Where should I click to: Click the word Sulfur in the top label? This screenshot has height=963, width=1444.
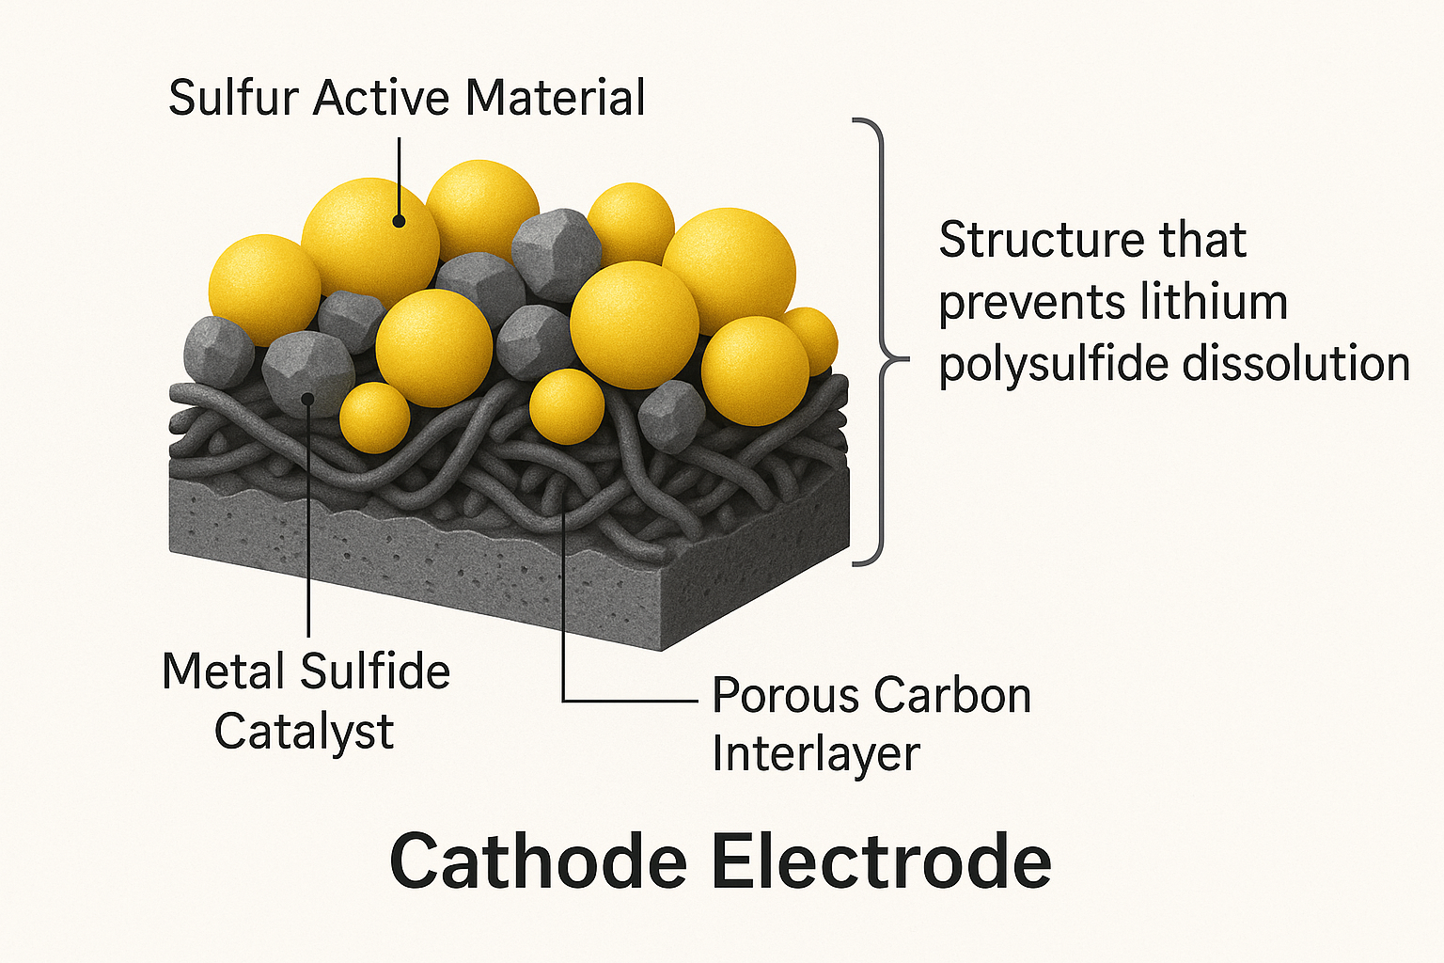click(x=234, y=98)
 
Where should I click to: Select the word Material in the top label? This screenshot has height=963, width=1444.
click(x=555, y=98)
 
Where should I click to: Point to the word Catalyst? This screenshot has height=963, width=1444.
click(x=305, y=733)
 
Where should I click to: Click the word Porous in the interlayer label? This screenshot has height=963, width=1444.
click(x=786, y=696)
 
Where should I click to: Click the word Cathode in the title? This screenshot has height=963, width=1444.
click(x=539, y=861)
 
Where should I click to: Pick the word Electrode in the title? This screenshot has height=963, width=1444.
click(x=881, y=861)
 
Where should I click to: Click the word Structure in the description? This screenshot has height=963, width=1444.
click(x=1041, y=240)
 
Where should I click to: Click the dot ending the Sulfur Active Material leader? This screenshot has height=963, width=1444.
click(x=399, y=222)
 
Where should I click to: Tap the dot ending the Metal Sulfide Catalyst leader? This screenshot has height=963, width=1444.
click(x=308, y=400)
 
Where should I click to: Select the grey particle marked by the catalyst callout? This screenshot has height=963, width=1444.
click(x=308, y=374)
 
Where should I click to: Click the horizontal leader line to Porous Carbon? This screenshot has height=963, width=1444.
click(x=630, y=701)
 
